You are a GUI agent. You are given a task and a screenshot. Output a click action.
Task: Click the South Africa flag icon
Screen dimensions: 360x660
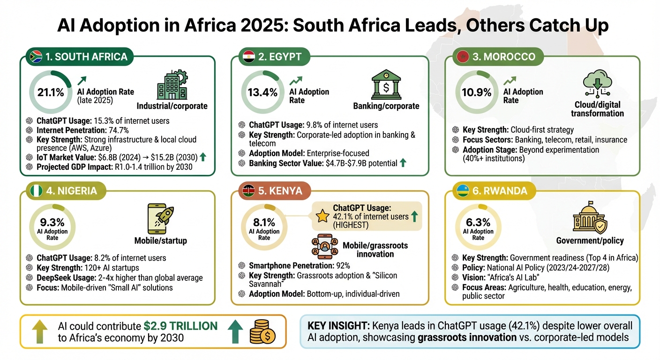point(36,57)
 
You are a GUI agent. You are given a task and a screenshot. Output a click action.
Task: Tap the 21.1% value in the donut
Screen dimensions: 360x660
point(51,92)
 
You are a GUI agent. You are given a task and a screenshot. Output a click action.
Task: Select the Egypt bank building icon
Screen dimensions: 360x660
point(386,84)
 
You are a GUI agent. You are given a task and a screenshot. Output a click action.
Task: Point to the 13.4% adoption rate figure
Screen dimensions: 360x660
point(262,92)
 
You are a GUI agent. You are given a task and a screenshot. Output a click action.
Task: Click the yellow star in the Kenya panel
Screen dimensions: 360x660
point(322,216)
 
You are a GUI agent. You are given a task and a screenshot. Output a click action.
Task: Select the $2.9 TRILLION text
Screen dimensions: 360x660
point(181,326)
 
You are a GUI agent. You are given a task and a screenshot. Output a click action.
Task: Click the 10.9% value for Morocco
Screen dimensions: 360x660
point(476,92)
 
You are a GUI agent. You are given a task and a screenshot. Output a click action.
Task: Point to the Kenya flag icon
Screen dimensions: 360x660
point(249,191)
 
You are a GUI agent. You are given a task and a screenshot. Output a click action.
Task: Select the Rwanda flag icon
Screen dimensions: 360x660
point(464,191)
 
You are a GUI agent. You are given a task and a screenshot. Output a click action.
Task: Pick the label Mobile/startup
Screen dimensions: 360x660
point(160,241)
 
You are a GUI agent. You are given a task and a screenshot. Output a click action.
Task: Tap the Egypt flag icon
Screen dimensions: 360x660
point(248,57)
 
